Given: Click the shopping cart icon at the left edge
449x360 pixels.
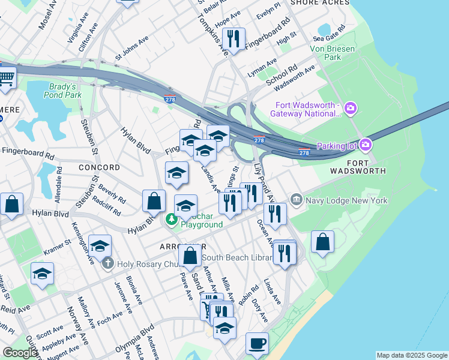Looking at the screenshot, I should tap(6, 77).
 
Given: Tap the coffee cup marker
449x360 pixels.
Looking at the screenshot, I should tap(257, 344).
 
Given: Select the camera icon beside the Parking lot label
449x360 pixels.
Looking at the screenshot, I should tap(364, 145).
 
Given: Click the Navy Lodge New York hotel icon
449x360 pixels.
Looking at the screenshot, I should tap(296, 199).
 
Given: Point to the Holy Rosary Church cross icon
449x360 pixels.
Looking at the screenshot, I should tap(107, 262).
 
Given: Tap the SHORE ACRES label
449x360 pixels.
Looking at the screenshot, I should tap(319, 3).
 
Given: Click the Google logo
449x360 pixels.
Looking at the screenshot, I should tap(20, 352).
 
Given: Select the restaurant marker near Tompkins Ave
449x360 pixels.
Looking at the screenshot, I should tap(233, 39).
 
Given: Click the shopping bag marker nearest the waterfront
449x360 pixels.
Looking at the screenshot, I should tap(322, 242).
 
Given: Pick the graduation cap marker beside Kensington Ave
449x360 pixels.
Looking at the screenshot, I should tap(100, 245).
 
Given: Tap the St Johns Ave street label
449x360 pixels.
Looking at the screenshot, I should tap(132, 48).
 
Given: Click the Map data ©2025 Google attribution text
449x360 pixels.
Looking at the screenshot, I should tap(412, 355).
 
